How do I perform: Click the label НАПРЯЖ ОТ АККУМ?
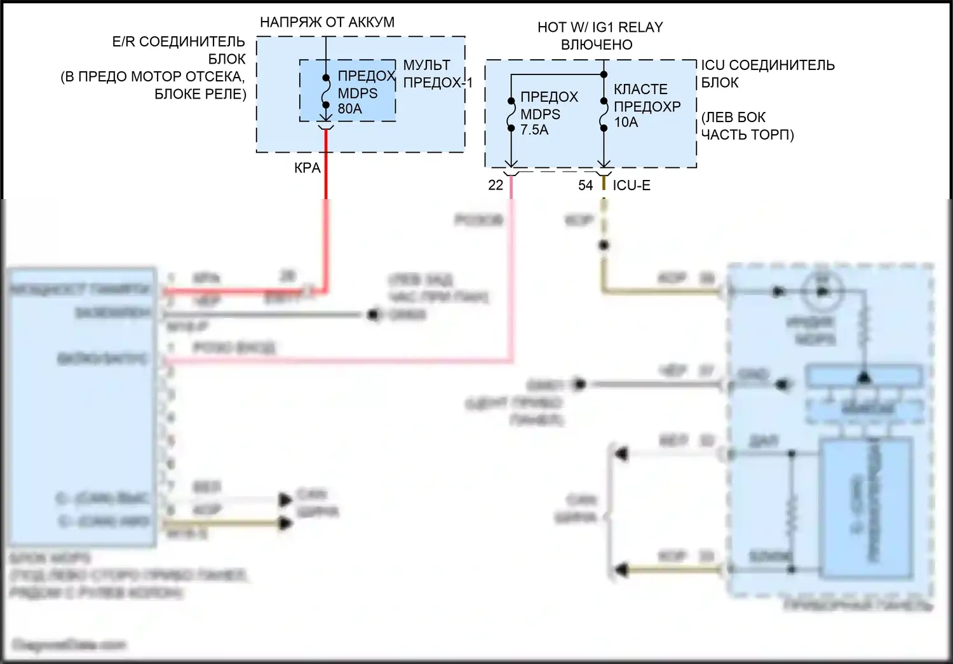click(x=327, y=22)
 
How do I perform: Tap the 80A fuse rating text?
click(x=350, y=109)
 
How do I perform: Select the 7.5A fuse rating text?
click(x=534, y=130)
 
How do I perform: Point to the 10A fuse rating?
click(x=626, y=122)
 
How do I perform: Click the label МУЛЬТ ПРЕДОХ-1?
click(x=438, y=74)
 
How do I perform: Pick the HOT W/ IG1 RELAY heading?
click(x=600, y=27)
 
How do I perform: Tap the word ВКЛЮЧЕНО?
click(x=597, y=45)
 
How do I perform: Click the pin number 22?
click(x=496, y=185)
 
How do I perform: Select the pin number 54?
click(x=585, y=185)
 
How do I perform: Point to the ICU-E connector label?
click(x=632, y=185)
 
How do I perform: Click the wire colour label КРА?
click(x=308, y=169)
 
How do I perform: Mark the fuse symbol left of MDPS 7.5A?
click(x=511, y=114)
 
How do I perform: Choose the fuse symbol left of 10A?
click(x=604, y=114)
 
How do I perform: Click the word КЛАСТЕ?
click(x=640, y=90)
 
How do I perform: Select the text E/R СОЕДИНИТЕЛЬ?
click(x=179, y=42)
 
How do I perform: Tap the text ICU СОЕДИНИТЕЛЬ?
click(x=767, y=65)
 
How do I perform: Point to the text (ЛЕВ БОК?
click(x=733, y=117)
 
